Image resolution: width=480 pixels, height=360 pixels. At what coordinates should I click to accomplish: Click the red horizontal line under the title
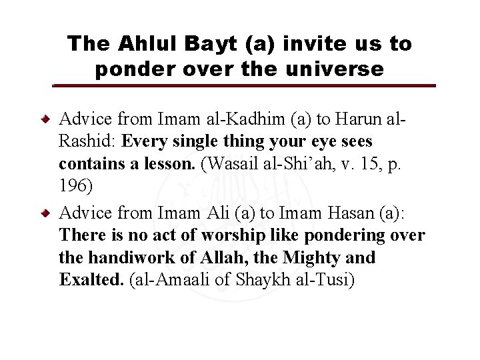pos(244,86)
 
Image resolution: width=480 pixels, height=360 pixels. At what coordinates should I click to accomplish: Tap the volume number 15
pos(353,165)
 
